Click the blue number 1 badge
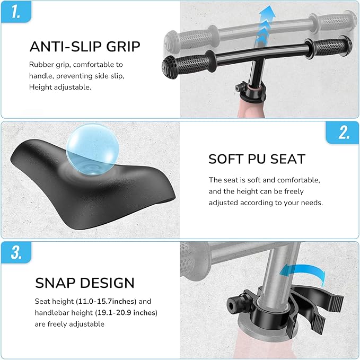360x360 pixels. click(x=16, y=12)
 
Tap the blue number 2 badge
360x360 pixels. click(x=343, y=133)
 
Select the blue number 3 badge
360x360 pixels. click(x=16, y=252)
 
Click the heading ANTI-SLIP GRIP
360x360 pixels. click(x=85, y=46)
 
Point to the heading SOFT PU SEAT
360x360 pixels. click(x=257, y=159)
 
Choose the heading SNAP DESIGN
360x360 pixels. click(x=85, y=283)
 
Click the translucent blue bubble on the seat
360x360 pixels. click(x=92, y=150)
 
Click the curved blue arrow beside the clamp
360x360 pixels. click(x=303, y=271)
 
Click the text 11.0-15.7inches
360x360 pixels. click(x=107, y=301)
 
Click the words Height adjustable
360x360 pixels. click(x=60, y=87)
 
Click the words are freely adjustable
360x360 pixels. click(x=69, y=324)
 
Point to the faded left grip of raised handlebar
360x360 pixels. click(x=192, y=39)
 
